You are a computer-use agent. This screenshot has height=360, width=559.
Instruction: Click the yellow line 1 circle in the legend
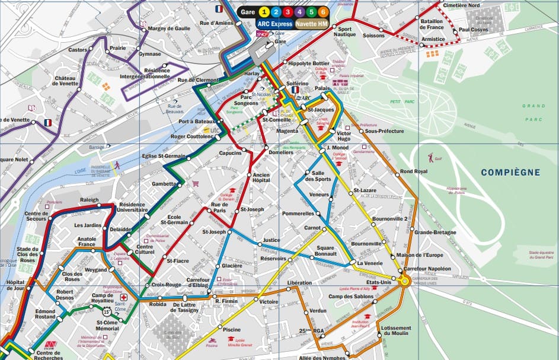coord(265,11)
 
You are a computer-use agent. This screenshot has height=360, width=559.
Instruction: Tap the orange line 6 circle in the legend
coord(322,11)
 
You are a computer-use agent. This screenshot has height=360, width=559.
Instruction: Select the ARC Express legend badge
coord(274,24)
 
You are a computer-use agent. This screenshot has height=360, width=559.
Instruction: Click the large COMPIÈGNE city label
coord(510,173)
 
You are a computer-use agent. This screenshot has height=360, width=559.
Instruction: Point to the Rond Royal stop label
coord(414,171)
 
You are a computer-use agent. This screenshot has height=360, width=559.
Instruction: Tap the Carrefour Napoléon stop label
coord(428,269)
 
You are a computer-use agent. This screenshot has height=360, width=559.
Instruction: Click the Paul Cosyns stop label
coord(473,29)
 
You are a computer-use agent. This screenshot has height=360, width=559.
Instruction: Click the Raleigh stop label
coord(90,200)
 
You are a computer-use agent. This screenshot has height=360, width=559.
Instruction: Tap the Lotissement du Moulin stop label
coord(396,330)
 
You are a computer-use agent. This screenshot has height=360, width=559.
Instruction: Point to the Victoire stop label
coord(269,302)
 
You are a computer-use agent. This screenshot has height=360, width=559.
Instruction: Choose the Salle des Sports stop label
coord(318,175)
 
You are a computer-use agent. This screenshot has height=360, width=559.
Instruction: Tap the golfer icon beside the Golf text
coord(430,158)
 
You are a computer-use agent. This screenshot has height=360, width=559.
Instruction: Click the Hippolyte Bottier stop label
coord(309,63)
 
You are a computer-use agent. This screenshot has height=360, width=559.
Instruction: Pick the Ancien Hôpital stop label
coord(261,177)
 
